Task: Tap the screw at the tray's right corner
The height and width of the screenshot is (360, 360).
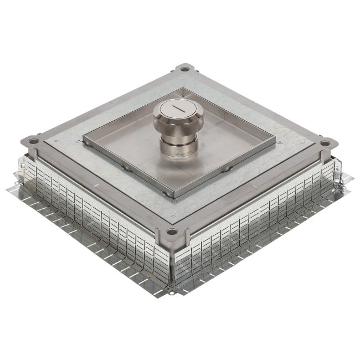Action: tap(280, 142)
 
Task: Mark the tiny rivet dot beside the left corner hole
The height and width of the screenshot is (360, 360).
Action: tap(55, 146)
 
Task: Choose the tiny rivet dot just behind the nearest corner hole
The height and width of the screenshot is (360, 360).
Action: tap(173, 217)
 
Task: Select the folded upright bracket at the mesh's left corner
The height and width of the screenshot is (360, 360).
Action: tap(17, 181)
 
